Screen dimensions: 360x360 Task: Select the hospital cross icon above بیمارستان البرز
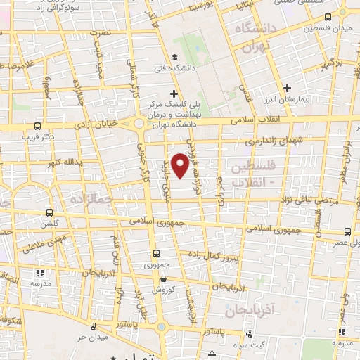[x=287, y=88]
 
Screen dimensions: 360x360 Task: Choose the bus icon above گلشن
[x=49, y=212]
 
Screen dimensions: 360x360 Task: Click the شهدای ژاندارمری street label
[x=280, y=142]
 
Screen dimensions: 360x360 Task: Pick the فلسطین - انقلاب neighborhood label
[x=250, y=172]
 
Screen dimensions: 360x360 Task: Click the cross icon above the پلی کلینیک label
[x=173, y=94]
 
